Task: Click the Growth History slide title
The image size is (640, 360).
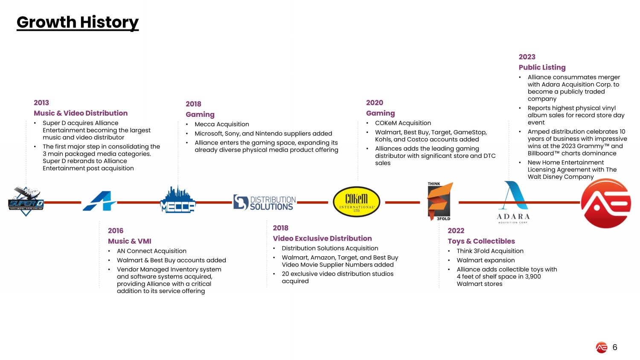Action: pyautogui.click(x=77, y=22)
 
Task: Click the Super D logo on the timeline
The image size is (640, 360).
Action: pyautogui.click(x=26, y=202)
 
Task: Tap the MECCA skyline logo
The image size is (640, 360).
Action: pyautogui.click(x=178, y=200)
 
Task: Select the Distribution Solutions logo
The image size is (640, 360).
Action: pyautogui.click(x=265, y=203)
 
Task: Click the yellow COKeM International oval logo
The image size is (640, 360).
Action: pyautogui.click(x=356, y=202)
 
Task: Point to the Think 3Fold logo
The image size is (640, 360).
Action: pyautogui.click(x=440, y=201)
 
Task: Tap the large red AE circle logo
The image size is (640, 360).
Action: pyautogui.click(x=606, y=203)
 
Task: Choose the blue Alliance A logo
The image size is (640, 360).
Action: pyautogui.click(x=99, y=201)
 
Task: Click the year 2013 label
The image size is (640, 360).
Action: pyautogui.click(x=41, y=102)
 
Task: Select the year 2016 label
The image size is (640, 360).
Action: pyautogui.click(x=116, y=231)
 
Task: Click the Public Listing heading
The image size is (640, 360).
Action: pyautogui.click(x=542, y=67)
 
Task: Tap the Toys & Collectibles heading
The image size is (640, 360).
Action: pyautogui.click(x=481, y=241)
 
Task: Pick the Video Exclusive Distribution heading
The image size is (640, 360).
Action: pyautogui.click(x=322, y=238)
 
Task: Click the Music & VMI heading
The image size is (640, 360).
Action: pyautogui.click(x=129, y=241)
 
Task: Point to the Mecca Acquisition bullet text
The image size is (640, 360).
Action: pyautogui.click(x=222, y=124)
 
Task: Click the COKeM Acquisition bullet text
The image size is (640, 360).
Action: pyautogui.click(x=403, y=123)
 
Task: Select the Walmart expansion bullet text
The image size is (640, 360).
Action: pyautogui.click(x=486, y=260)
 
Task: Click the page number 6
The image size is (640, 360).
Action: pyautogui.click(x=615, y=347)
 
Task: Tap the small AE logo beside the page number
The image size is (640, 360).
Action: pyautogui.click(x=602, y=348)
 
